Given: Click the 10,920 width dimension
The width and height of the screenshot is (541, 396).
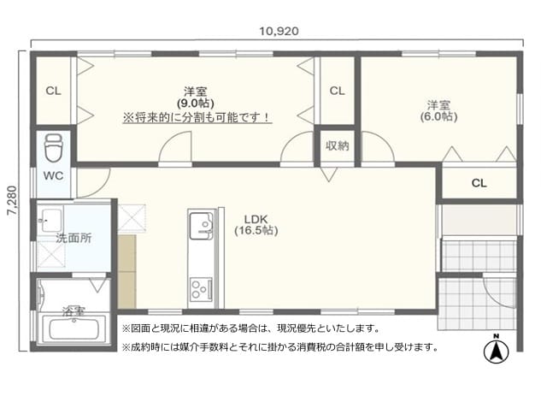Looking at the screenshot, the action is pos(279,32).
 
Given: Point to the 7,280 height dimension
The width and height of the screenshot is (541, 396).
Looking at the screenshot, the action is pos(13,200).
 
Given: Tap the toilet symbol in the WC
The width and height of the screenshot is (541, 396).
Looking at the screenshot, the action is pos(54,148).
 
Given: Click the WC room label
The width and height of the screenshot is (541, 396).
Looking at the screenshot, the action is pos(53,175).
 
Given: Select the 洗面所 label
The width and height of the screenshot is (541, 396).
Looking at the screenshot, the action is pos(74,238).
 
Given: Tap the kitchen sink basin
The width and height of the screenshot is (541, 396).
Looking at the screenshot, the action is pos(201,223).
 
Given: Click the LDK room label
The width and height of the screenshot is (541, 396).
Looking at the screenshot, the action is pos(256,219).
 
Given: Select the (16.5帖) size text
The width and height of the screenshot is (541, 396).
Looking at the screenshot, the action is pos(256,231).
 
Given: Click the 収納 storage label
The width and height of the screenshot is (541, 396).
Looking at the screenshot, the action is pos(337,146).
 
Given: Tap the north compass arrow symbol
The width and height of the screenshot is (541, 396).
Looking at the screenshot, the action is pos(497,351).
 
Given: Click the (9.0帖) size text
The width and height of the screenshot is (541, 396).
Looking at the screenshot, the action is pos(196,103).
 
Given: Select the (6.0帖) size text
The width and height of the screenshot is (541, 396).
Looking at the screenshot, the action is pos(439,116).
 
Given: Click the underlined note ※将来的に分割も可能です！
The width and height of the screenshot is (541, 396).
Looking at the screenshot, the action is pos(197,118).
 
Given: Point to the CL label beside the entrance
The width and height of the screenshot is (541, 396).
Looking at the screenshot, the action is pos(479,183).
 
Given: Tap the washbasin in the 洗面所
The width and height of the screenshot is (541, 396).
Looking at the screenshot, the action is pos(51,219).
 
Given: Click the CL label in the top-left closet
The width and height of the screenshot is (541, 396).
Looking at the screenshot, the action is pos(53,92).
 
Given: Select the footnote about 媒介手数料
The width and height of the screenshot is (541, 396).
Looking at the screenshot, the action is pos(280,346).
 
